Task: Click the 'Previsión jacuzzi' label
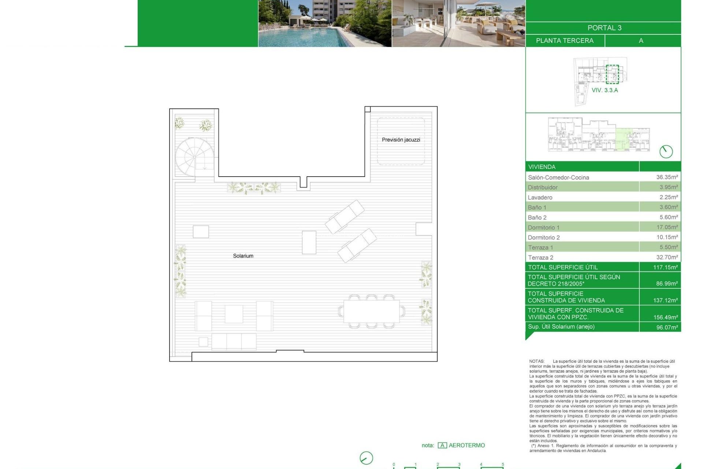point(401,140)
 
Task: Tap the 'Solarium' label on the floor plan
point(243,256)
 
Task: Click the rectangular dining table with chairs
point(371,311)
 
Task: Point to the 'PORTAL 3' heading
point(604,28)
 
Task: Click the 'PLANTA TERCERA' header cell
point(565,41)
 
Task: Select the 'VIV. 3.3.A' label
point(605,90)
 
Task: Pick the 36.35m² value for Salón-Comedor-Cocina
point(667,177)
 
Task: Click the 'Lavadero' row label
point(540,197)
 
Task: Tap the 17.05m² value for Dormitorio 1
point(667,227)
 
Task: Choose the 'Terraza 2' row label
point(540,258)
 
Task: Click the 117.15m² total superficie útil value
point(665,267)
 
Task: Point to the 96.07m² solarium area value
point(667,327)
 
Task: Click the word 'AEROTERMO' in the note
point(466,445)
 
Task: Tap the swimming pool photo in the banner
point(325,23)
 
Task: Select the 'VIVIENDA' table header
point(542,167)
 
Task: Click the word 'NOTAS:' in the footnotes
point(537,361)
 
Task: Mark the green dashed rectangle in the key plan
point(612,74)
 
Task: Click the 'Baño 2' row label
point(537,218)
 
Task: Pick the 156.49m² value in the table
point(665,317)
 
